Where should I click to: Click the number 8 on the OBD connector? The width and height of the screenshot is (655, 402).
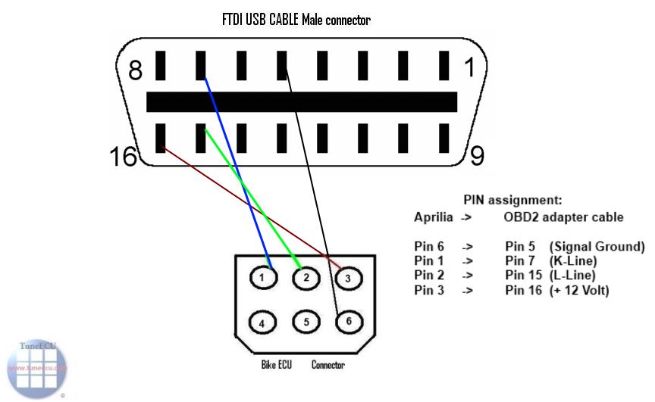(136, 70)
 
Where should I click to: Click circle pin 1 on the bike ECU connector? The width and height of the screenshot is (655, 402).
(262, 277)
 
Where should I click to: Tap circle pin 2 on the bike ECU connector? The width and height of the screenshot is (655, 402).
(303, 277)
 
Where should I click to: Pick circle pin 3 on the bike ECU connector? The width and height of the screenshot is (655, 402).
(346, 278)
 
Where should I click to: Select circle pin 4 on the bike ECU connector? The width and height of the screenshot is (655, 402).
(262, 322)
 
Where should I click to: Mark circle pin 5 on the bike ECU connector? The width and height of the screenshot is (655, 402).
(303, 321)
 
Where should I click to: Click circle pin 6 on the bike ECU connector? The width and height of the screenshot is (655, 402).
(346, 321)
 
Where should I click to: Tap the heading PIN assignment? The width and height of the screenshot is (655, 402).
(512, 201)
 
